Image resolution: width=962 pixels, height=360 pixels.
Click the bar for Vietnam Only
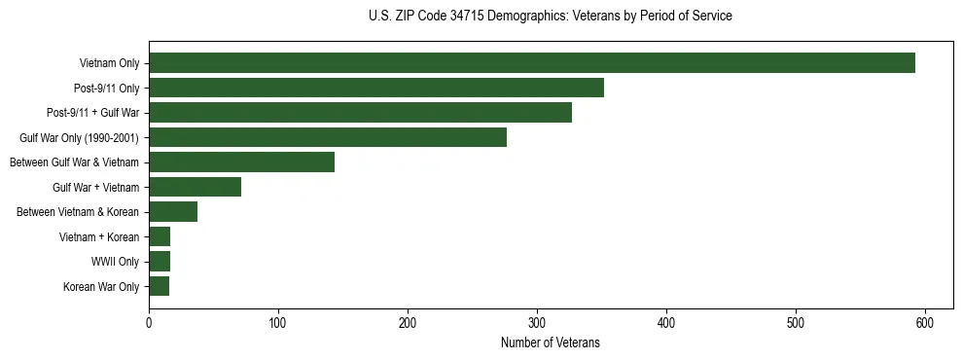(532, 63)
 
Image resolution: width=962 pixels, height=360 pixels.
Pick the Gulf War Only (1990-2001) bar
(328, 137)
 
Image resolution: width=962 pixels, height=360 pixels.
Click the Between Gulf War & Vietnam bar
(241, 162)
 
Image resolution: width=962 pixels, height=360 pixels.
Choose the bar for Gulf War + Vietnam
(195, 187)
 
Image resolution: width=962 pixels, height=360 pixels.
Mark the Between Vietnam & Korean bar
(173, 211)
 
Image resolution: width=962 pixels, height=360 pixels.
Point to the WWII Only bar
(160, 261)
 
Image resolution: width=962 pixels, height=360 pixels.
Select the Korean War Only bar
(159, 286)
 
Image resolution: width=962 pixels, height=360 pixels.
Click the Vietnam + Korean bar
(160, 236)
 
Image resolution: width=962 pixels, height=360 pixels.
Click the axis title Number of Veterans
(550, 342)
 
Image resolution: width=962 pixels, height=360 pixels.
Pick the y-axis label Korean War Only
(101, 287)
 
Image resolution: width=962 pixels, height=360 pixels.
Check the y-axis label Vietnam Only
(109, 64)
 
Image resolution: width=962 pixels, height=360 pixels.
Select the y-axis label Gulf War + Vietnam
(95, 188)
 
